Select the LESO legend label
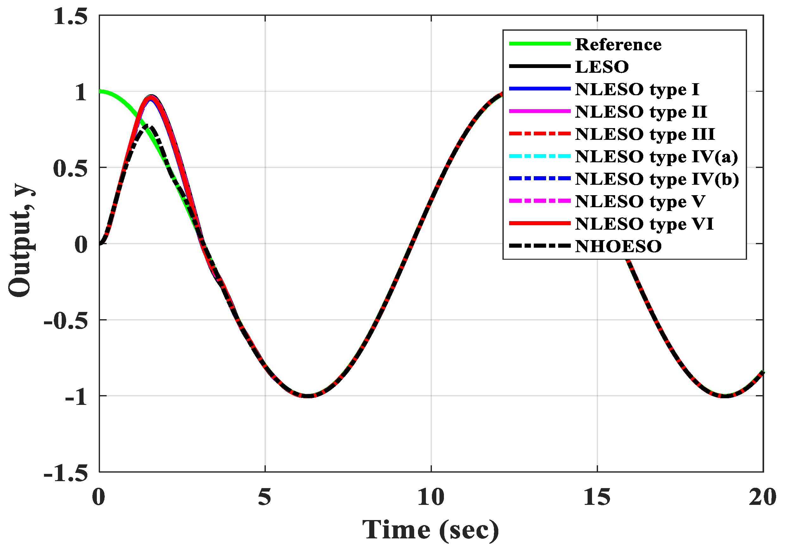(602, 67)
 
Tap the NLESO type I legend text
(637, 89)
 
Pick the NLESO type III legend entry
(645, 134)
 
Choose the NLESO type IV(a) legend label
(657, 157)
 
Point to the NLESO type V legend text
(640, 201)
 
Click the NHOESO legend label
(618, 246)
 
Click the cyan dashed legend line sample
(539, 156)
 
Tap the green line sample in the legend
(539, 44)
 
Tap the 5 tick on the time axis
(265, 498)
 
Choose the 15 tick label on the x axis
(597, 498)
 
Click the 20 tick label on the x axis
(762, 498)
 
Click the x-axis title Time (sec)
(431, 530)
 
